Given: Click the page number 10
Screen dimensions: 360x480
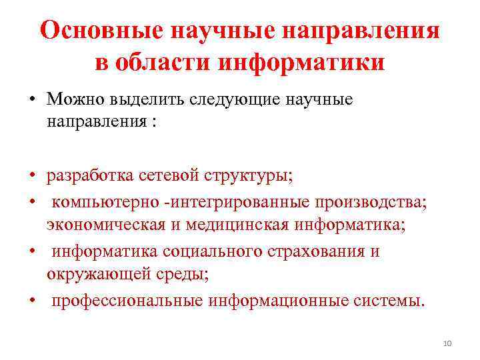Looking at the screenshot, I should point(447,343).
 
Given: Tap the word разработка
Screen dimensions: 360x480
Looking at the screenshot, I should point(91,176).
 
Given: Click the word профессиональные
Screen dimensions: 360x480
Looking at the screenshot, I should point(127,301).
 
